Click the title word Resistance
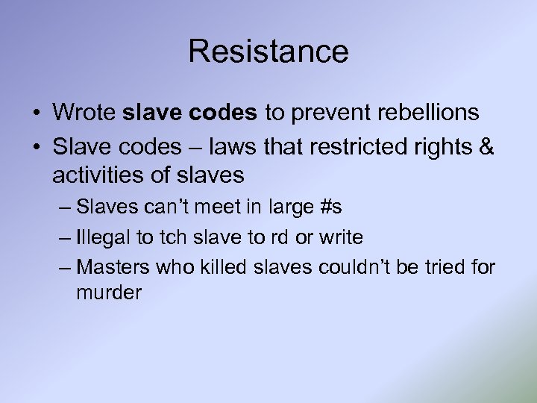[268, 51]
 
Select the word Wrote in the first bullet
[84, 113]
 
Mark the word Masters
[113, 266]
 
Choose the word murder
[109, 293]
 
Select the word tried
[448, 266]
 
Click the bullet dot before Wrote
[37, 113]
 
